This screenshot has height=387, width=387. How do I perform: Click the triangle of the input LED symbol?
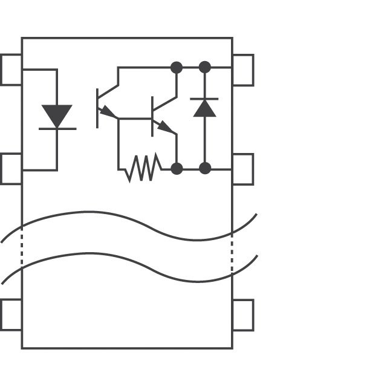57,115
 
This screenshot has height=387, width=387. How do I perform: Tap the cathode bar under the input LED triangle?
57,129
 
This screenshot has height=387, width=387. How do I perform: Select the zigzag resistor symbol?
143,168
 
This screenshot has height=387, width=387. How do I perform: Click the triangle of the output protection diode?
204,108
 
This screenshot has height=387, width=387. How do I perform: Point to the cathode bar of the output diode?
204,98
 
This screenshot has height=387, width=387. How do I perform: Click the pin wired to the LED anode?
11,70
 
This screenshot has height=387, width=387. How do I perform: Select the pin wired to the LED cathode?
11,169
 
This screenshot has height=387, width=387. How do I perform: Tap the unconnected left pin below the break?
11,314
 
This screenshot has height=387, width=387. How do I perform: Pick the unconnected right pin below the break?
243,314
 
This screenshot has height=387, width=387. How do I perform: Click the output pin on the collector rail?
243,70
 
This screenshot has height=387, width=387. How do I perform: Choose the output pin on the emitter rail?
243,169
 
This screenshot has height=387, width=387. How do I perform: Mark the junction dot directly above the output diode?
205,67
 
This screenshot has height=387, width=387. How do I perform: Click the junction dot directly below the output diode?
205,168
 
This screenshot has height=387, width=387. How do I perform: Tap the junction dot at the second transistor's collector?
177,67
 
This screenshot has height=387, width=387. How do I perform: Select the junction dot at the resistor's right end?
177,168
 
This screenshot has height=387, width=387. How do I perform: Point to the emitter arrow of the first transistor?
108,112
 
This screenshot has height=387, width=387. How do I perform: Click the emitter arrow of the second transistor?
165,128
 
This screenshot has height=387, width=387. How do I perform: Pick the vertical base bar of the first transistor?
97,108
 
